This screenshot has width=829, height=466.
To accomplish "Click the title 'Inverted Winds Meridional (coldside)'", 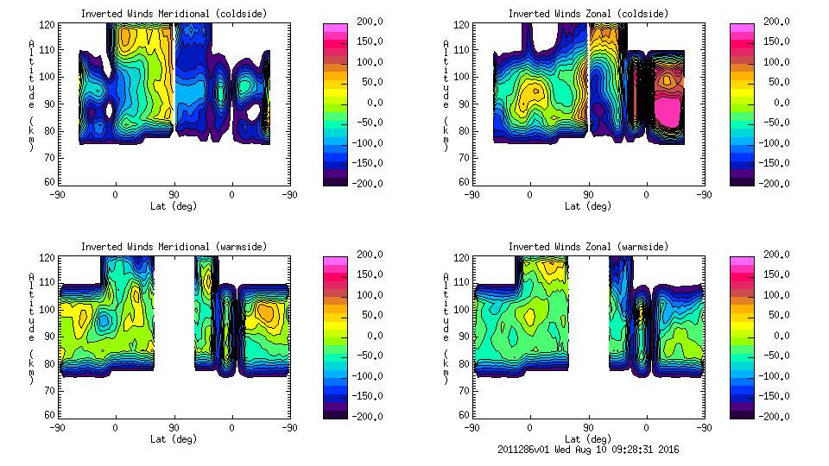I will [174, 14].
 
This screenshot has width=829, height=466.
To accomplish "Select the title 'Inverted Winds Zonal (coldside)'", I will [588, 14].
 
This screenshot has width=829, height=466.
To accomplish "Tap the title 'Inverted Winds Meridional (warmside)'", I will [174, 247].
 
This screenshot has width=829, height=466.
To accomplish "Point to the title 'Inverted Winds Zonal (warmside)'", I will [588, 247].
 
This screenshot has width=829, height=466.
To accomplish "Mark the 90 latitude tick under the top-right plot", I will [588, 195].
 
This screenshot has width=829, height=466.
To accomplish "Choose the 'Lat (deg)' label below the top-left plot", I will [174, 206].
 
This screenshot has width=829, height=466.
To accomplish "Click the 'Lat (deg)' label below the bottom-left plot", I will [174, 439].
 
